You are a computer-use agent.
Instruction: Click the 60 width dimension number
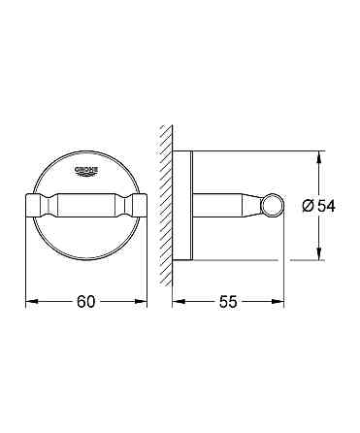point(85,303)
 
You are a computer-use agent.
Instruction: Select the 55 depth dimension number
point(230,303)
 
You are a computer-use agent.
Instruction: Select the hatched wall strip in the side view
point(167,204)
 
